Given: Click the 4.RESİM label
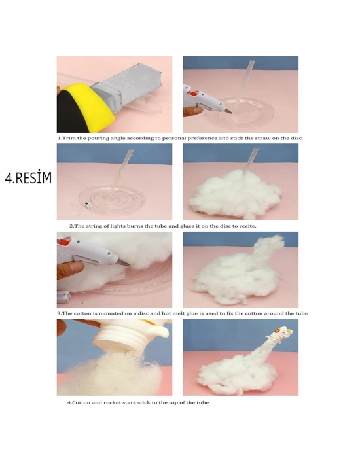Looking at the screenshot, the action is click(x=28, y=177).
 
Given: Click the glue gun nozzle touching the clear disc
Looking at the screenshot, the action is click(x=227, y=111).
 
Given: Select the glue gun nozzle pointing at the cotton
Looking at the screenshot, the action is click(x=123, y=262).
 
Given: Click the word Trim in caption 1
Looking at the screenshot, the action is click(x=69, y=138).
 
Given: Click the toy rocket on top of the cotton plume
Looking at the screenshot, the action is click(x=281, y=334).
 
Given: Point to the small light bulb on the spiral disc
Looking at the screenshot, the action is click(x=87, y=205).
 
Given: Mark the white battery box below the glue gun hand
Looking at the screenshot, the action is click(x=63, y=297).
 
